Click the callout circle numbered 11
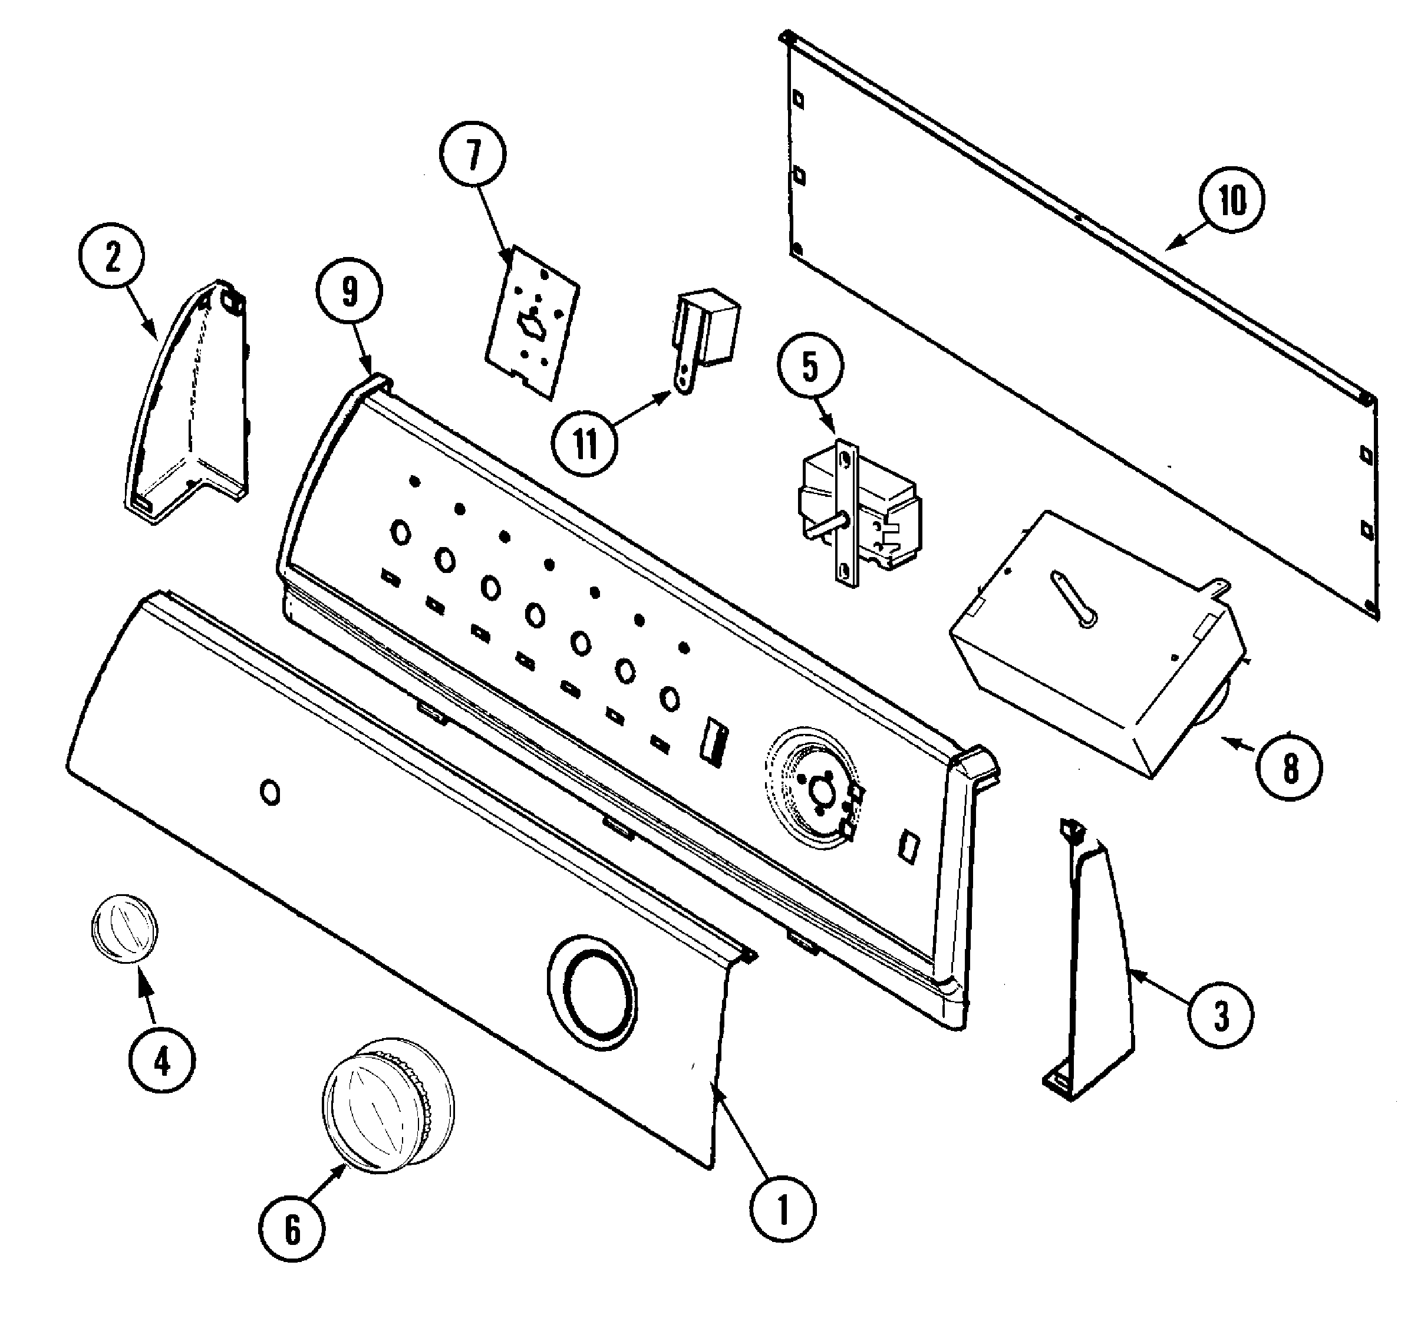coord(585,444)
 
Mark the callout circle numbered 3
coord(1221,1015)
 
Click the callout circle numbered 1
coord(783,1210)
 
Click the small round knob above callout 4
coord(124,930)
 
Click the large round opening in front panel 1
coord(593,991)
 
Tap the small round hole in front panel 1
coord(271,792)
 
